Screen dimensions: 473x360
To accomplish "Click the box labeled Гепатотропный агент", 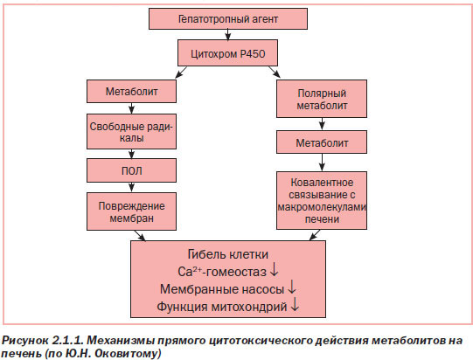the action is click(228, 18).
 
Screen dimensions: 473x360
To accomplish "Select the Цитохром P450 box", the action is click(227, 53).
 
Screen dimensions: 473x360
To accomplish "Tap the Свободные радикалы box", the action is click(131, 131).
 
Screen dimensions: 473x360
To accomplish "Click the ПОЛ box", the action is click(131, 170).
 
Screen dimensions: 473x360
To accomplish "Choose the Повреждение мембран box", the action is click(131, 211).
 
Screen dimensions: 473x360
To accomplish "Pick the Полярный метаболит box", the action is click(322, 99).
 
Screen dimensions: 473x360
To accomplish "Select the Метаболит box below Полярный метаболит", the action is click(322, 142).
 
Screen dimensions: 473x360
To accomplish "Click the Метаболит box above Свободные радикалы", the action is click(131, 92).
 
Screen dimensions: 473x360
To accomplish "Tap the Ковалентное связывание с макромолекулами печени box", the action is click(322, 200).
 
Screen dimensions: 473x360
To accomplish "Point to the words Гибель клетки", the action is click(227, 254).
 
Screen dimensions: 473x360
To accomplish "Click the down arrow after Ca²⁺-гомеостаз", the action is click(274, 270).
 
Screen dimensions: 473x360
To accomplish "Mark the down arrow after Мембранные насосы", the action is click(292, 287).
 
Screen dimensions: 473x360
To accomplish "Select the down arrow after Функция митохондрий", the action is click(295, 304).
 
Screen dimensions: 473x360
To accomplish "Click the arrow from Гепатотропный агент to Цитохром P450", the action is click(228, 34).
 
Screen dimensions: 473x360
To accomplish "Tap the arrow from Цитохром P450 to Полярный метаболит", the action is click(275, 73).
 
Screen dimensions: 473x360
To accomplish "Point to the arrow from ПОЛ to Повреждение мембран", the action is click(131, 187).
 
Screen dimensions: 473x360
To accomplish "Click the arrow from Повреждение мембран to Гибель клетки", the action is click(140, 236).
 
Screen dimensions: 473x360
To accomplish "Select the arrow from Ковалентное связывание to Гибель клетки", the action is click(315, 235).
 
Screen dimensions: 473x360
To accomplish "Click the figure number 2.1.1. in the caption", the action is click(67, 341).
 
